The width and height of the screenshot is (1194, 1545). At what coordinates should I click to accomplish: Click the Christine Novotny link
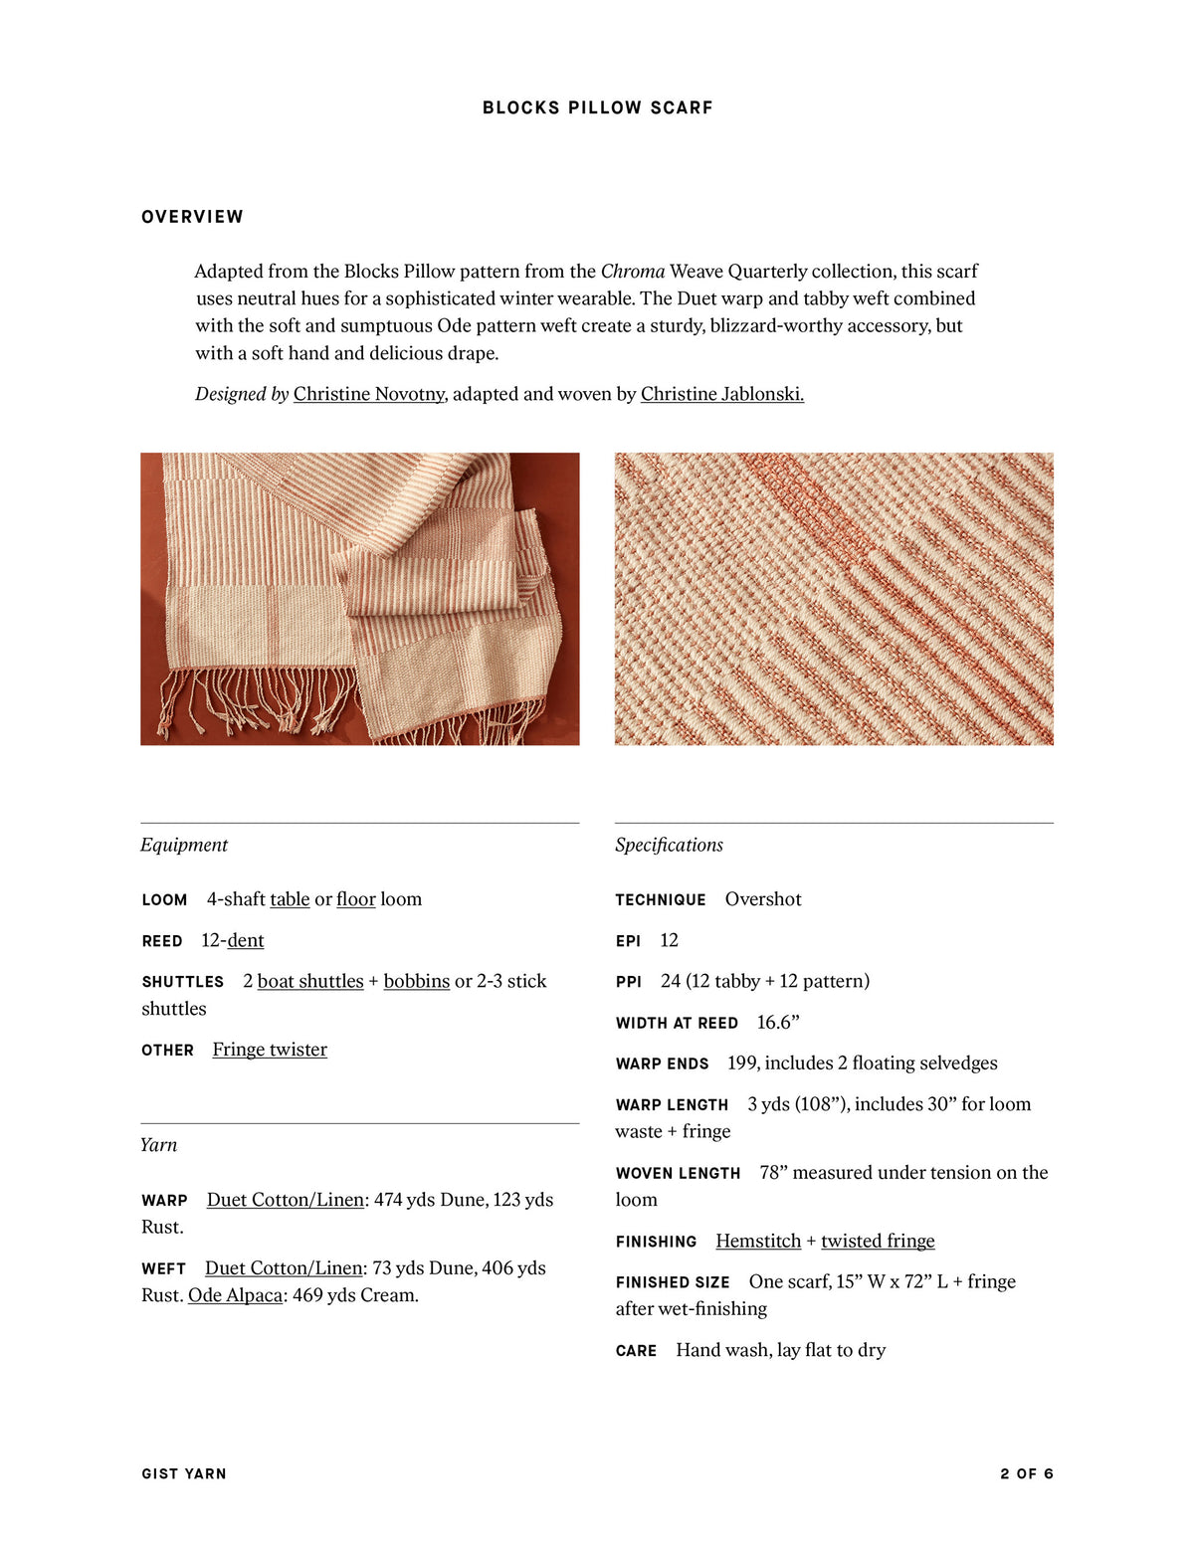pyautogui.click(x=368, y=394)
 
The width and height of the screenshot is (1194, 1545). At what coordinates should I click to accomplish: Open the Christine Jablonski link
pyautogui.click(x=721, y=394)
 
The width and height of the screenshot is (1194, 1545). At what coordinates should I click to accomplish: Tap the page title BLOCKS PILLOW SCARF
pyautogui.click(x=597, y=107)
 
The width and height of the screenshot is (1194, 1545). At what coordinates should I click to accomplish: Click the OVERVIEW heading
pyautogui.click(x=192, y=217)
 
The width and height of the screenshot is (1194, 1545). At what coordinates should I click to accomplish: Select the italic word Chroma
pyautogui.click(x=633, y=272)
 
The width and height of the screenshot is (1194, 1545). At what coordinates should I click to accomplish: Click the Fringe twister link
pyautogui.click(x=270, y=1050)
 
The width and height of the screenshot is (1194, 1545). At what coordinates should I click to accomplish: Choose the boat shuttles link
pyautogui.click(x=310, y=981)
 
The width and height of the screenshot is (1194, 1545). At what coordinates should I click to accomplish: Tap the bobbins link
pyautogui.click(x=416, y=981)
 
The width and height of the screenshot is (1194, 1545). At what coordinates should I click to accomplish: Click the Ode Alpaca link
pyautogui.click(x=235, y=1295)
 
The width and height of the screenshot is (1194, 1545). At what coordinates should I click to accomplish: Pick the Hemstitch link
pyautogui.click(x=758, y=1241)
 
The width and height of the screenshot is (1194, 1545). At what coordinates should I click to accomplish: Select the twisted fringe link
pyautogui.click(x=878, y=1241)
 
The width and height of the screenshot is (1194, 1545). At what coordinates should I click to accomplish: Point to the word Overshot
pyautogui.click(x=763, y=899)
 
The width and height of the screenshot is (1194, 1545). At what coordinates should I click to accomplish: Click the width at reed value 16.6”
pyautogui.click(x=778, y=1023)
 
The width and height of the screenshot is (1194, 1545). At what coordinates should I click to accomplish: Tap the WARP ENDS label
pyautogui.click(x=662, y=1063)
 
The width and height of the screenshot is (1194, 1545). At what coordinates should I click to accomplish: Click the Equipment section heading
pyautogui.click(x=184, y=845)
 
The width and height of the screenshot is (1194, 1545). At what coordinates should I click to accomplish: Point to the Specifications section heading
pyautogui.click(x=669, y=845)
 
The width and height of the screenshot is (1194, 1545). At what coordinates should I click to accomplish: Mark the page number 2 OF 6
pyautogui.click(x=1027, y=1473)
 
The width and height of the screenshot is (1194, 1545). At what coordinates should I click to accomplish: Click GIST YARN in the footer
pyautogui.click(x=184, y=1473)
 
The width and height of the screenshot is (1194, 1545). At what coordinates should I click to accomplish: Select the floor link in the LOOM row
pyautogui.click(x=355, y=899)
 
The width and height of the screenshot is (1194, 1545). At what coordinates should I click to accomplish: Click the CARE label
pyautogui.click(x=636, y=1350)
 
